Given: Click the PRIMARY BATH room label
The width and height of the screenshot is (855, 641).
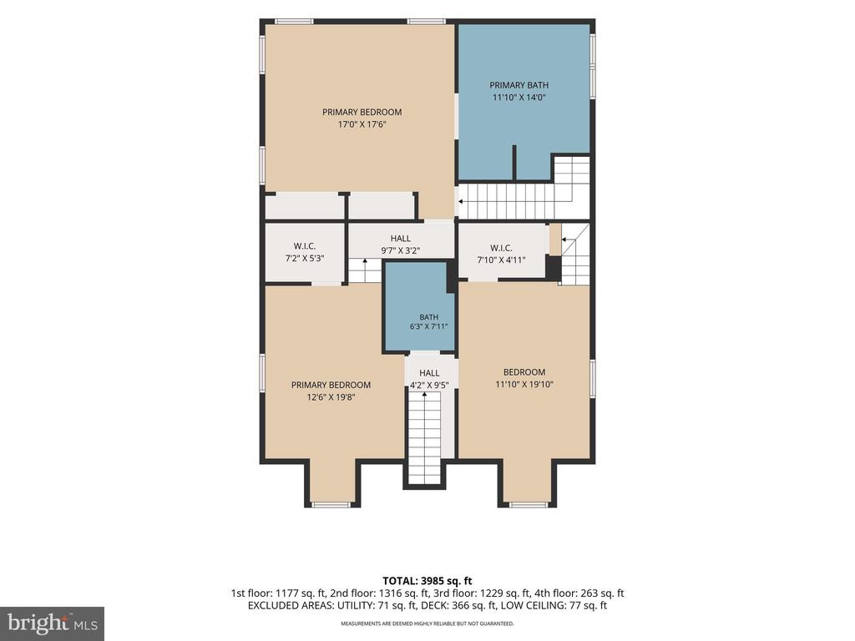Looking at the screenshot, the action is (519, 85).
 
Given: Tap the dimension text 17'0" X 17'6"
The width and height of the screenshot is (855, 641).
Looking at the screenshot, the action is (362, 124).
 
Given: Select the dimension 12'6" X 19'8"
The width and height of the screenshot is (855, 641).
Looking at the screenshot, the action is (331, 397).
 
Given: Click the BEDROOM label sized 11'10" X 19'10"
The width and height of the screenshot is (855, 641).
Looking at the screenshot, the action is (524, 371).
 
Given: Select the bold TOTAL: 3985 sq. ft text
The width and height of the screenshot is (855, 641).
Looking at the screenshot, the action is (427, 581).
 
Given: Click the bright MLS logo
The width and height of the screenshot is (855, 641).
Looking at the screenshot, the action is (53, 623).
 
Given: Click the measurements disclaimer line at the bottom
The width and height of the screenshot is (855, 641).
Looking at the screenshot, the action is (427, 623).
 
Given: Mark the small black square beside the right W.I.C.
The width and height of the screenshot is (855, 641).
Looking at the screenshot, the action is (553, 267).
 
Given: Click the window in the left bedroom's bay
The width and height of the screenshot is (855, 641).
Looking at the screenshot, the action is (331, 504).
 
